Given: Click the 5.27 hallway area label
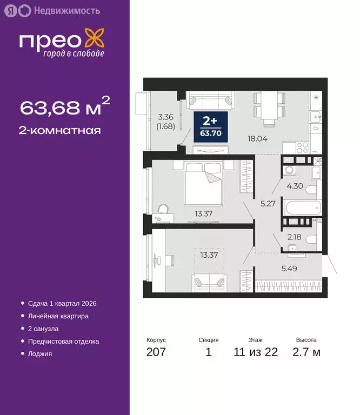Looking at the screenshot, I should pyautogui.click(x=266, y=204).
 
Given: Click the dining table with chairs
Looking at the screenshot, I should pyautogui.click(x=269, y=106).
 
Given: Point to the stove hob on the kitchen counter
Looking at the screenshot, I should pyautogui.click(x=302, y=146).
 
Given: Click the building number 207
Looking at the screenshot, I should pyautogui.click(x=156, y=353).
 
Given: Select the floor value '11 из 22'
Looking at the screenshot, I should pyautogui.click(x=256, y=353).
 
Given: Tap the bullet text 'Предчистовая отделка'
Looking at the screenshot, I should pyautogui.click(x=64, y=342).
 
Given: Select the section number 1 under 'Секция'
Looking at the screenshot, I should pyautogui.click(x=208, y=353).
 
